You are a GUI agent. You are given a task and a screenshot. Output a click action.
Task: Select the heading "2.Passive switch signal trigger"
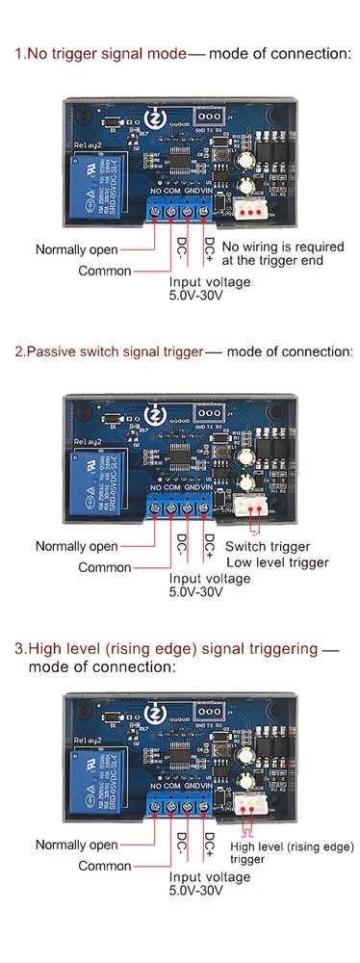pos(109,351)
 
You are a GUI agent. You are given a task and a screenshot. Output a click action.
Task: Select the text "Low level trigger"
pos(276,562)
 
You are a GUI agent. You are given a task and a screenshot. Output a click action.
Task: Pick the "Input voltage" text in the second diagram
pos(210,579)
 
